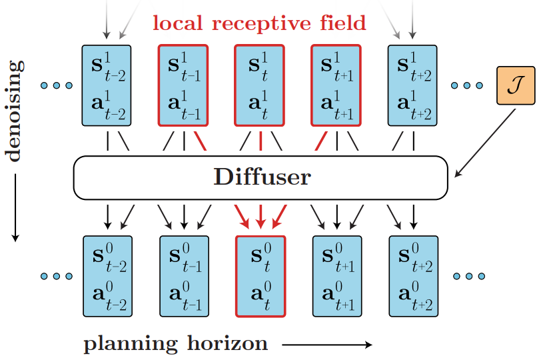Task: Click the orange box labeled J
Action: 516,85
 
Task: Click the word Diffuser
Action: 262,177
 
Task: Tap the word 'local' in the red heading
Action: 178,23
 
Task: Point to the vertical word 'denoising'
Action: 15,111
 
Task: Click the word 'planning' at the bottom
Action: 131,345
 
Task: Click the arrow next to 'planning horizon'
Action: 327,345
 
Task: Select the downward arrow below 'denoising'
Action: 15,207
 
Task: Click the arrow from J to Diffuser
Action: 485,143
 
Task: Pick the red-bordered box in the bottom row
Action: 261,276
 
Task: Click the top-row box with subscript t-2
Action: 107,85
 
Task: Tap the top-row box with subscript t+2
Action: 412,85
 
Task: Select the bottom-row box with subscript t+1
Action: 337,276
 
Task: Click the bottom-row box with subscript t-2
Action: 107,276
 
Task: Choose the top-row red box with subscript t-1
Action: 183,85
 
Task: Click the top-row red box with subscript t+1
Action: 336,85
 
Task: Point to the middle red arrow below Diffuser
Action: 261,217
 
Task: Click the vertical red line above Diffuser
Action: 261,141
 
